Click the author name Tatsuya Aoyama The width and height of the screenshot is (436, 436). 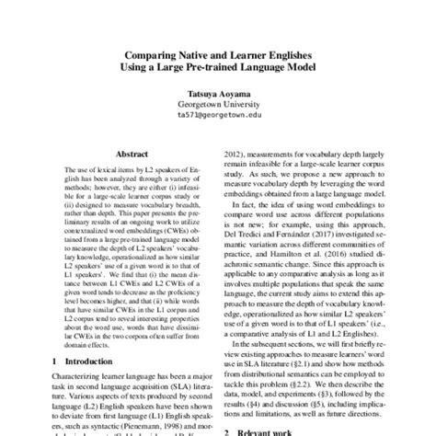coord(218,92)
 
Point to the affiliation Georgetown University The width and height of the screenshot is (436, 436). coord(218,104)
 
